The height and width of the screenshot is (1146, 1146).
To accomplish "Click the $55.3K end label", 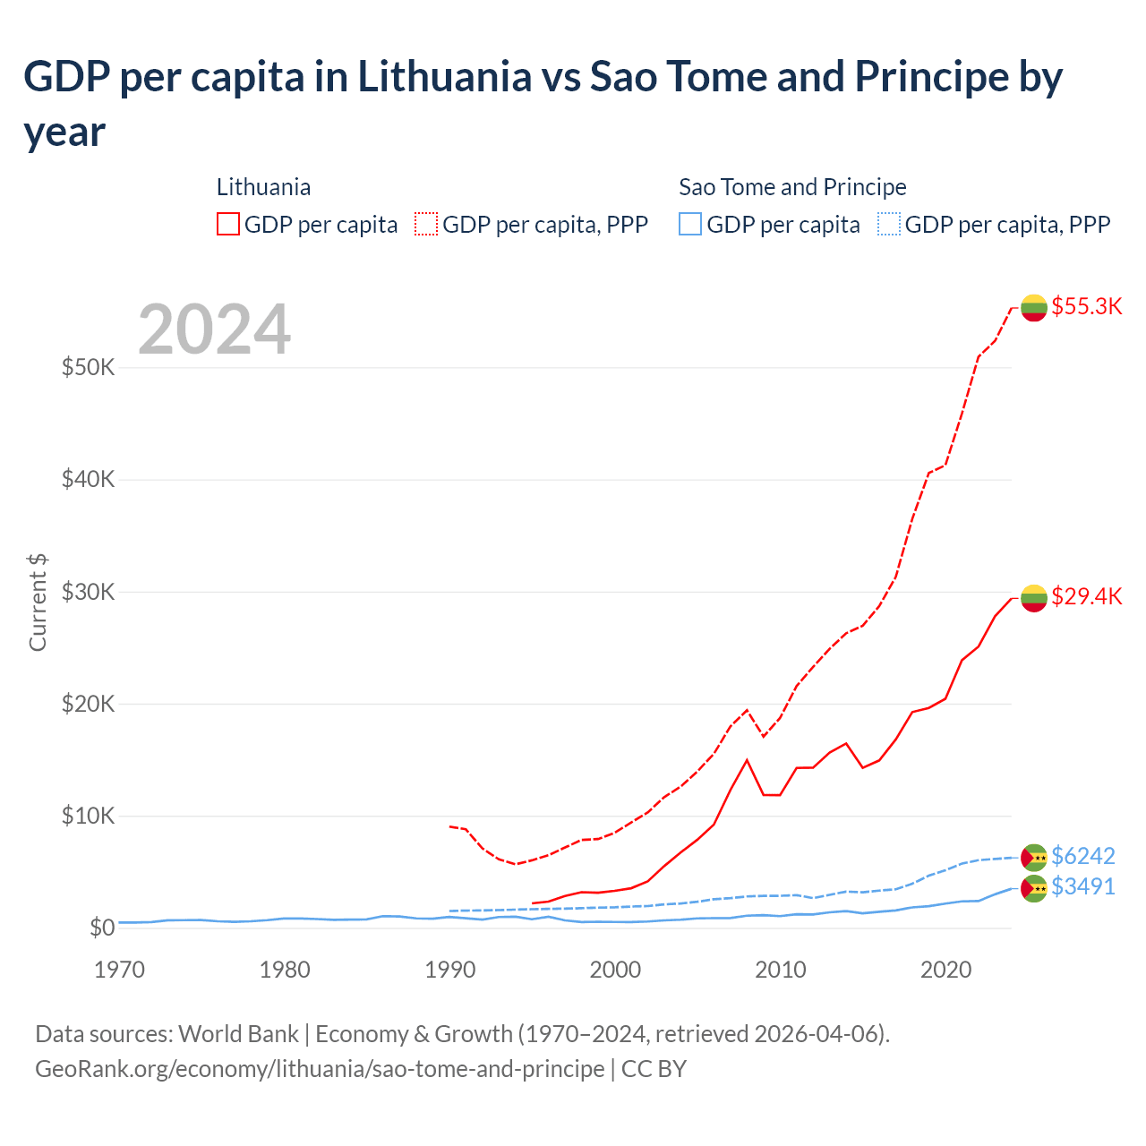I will point(1086,306).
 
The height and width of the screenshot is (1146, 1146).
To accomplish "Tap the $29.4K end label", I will point(1086,596).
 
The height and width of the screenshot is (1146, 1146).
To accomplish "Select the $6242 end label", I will point(1083,856).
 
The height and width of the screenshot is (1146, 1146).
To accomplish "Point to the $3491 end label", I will point(1083,886).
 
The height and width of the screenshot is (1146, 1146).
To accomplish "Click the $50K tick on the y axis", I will point(88,367).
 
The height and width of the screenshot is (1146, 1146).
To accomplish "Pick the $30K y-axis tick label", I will point(88,592).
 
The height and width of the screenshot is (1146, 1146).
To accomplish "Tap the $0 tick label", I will point(102,928).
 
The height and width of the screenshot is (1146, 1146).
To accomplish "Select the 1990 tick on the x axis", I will point(450,970).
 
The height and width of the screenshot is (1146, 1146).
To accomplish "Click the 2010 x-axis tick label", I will point(781,970).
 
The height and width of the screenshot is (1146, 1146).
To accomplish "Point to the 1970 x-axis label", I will point(119,970).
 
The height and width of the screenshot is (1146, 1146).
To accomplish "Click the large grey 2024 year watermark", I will point(214,329).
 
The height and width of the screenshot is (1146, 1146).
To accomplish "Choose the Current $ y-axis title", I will point(38,602).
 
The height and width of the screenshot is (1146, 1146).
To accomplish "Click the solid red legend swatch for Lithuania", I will point(228,224).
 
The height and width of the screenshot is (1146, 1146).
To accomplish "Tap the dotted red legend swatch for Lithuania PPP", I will point(426,224).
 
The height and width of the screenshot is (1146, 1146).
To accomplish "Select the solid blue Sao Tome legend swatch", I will point(690,224).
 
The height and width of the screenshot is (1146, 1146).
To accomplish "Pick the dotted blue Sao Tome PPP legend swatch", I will point(889,224).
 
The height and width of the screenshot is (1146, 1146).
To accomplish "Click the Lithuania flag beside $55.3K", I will point(1034,307).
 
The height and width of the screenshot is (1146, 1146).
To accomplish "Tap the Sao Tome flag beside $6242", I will point(1034,857).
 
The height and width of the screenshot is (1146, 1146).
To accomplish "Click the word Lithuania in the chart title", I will point(445,77).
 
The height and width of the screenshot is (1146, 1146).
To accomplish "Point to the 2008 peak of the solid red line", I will point(747,760).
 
